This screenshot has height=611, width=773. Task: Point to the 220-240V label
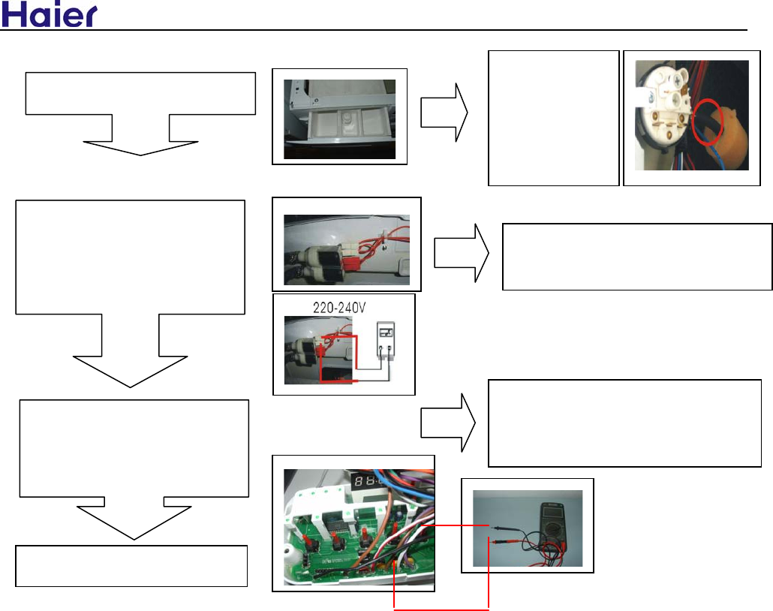coord(344,305)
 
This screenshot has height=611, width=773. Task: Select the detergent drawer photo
coord(339,116)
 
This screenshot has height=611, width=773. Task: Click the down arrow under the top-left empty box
coord(140,136)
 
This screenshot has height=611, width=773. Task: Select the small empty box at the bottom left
coord(132,566)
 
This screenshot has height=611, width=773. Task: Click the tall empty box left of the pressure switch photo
coord(553,118)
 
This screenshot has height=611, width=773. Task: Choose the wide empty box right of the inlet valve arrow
coord(636,257)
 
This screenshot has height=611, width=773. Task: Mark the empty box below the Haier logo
coord(140,94)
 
